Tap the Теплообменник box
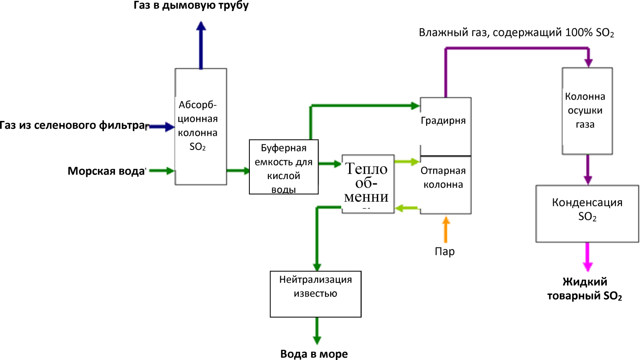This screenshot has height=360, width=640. (368, 184)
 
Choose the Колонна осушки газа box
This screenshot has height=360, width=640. (587, 111)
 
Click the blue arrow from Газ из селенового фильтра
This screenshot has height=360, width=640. (160, 126)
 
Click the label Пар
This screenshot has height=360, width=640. (445, 252)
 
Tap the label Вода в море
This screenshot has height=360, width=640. (314, 354)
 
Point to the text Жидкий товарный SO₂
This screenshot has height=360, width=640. (585, 289)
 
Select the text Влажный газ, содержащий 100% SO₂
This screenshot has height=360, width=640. (516, 33)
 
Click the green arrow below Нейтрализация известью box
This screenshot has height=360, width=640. (317, 330)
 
